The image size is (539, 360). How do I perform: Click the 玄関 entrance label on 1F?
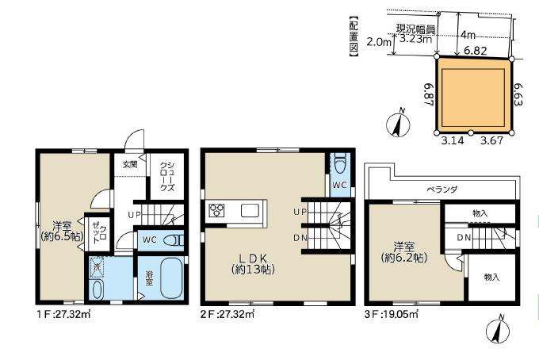tap(130, 164)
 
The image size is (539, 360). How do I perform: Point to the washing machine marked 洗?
tap(97, 267)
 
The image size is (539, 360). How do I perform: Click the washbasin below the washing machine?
tap(97, 289)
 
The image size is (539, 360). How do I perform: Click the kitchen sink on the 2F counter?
tap(250, 210)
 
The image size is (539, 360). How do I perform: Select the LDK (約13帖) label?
tap(254, 264)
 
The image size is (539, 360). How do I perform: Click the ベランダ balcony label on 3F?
tap(442, 190)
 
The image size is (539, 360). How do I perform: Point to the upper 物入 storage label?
tap(480, 213)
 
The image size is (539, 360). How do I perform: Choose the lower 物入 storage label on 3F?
tap(491, 277)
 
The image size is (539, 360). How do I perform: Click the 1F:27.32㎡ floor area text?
tap(64, 314)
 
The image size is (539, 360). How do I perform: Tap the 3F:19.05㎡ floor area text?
tap(392, 314)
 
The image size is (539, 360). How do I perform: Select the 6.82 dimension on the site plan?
tap(476, 51)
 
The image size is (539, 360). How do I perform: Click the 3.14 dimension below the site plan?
tap(453, 140)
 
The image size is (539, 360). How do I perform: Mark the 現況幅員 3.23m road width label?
tap(415, 33)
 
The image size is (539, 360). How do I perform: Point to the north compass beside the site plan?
tap(398, 123)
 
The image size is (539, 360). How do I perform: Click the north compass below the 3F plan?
tap(498, 330)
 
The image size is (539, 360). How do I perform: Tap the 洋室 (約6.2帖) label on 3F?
tap(404, 252)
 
